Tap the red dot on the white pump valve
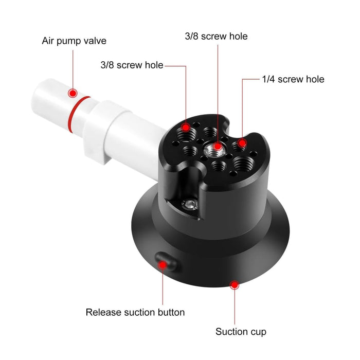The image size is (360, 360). point(73,93)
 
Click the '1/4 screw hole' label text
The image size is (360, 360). point(293,79)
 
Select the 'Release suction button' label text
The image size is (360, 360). point(135,312)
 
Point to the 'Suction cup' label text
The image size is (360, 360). point(241,332)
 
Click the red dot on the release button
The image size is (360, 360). point(163,265)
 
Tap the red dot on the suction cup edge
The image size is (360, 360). point(235,284)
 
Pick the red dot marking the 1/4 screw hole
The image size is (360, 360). point(242,142)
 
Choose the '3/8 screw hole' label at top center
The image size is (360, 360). point(216,37)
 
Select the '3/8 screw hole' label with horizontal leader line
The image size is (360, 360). point(132,65)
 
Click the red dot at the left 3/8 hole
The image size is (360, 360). point(186,126)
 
